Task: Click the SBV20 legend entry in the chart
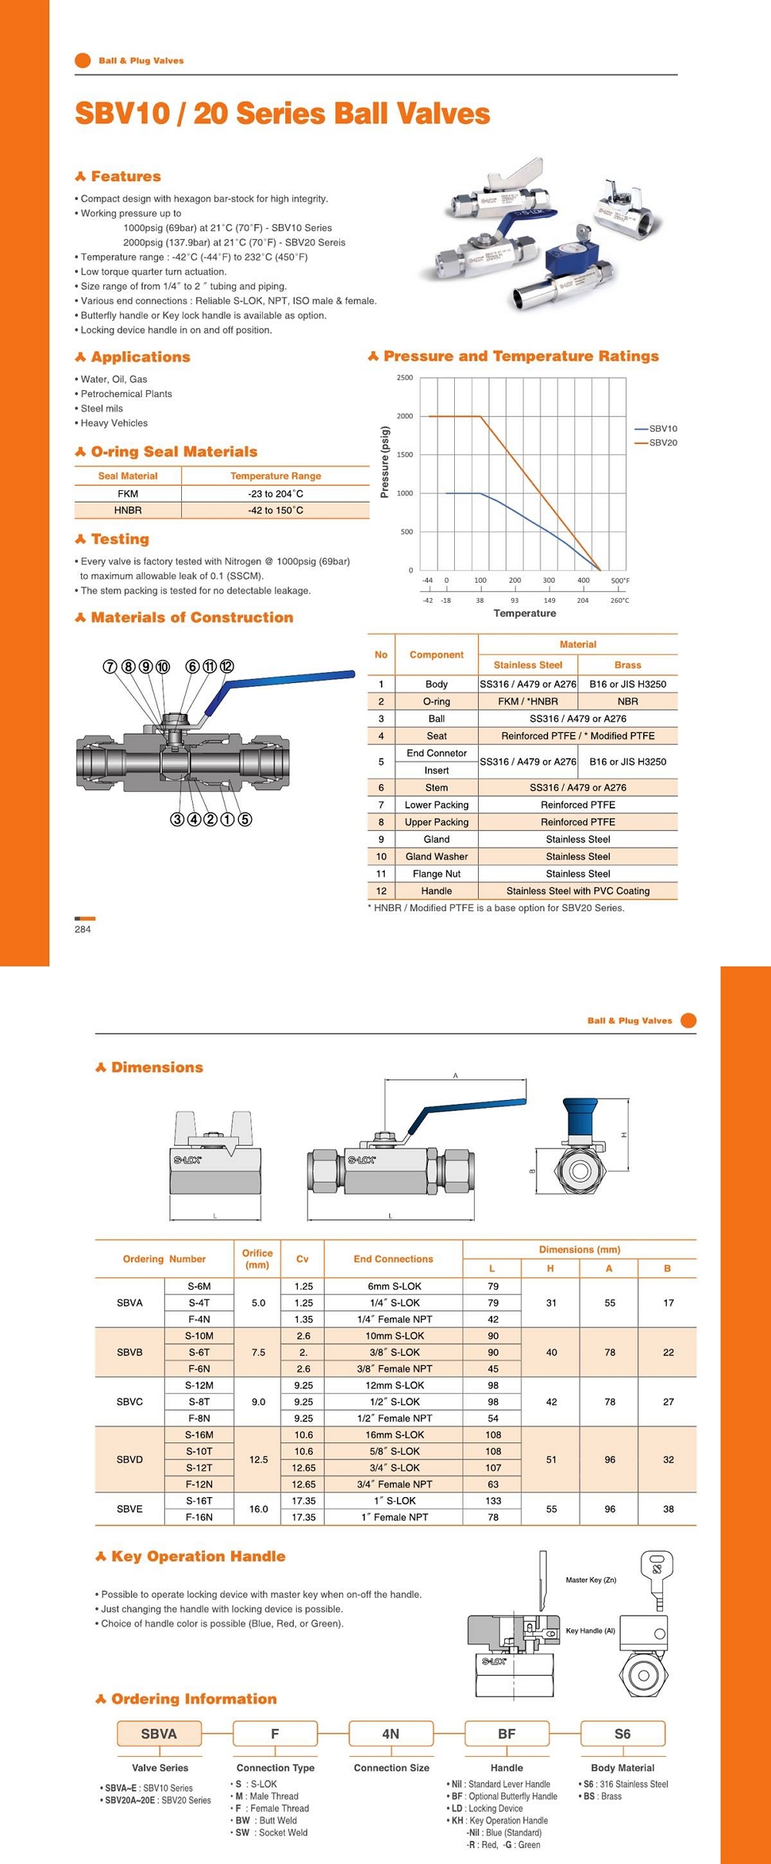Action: click(662, 442)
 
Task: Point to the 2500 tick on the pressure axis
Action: click(405, 378)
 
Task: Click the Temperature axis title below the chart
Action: click(524, 613)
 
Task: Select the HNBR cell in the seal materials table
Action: click(128, 510)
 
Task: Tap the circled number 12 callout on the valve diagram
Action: click(227, 667)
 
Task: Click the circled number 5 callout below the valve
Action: click(244, 819)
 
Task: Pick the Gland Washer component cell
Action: click(436, 856)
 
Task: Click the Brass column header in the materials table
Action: click(628, 665)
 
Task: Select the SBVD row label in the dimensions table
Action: click(130, 1459)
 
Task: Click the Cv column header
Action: click(302, 1259)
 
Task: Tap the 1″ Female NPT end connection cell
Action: click(394, 1517)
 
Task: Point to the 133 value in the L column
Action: click(493, 1501)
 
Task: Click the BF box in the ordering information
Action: click(507, 1734)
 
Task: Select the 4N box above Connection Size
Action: click(391, 1734)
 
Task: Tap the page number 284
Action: click(82, 929)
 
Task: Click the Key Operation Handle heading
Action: click(198, 1556)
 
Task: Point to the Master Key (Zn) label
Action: click(591, 1580)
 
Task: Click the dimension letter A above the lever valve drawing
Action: click(456, 1075)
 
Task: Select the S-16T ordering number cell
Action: click(199, 1501)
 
